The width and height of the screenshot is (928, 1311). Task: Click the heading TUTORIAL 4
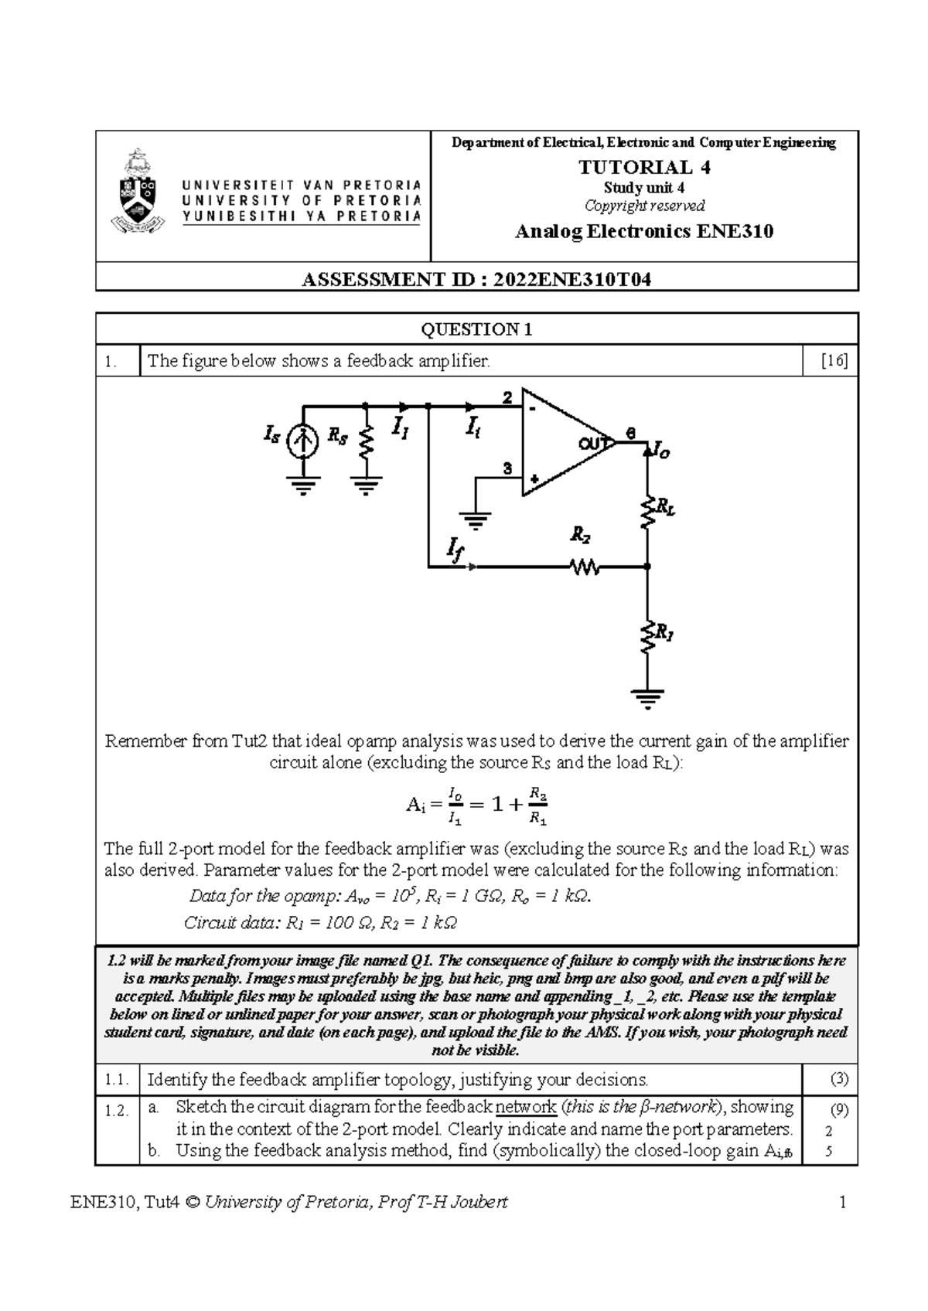[x=644, y=167]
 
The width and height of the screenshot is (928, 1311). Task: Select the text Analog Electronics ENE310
[x=644, y=231]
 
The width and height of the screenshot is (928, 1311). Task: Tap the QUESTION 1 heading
[x=476, y=329]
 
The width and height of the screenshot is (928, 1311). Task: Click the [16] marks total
[x=834, y=361]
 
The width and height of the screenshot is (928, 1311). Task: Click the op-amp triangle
[x=565, y=442]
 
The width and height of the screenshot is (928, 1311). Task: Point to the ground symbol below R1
[x=648, y=698]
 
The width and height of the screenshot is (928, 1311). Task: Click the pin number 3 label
[x=507, y=468]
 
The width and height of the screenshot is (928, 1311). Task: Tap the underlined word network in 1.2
[x=525, y=1108]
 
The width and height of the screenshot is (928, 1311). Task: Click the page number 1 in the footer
[x=843, y=1203]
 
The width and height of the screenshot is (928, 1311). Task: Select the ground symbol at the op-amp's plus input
[x=475, y=520]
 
